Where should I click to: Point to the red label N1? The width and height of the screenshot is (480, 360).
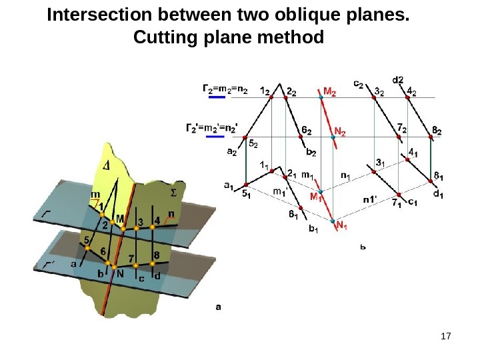342,227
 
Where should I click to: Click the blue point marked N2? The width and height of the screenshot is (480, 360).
333,137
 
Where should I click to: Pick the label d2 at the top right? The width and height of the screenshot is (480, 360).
398,80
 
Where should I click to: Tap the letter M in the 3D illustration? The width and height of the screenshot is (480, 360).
120,218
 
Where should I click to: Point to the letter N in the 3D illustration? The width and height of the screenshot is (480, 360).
120,273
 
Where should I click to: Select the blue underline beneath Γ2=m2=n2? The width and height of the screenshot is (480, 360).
219,97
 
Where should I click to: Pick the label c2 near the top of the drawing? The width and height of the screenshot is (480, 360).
358,84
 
